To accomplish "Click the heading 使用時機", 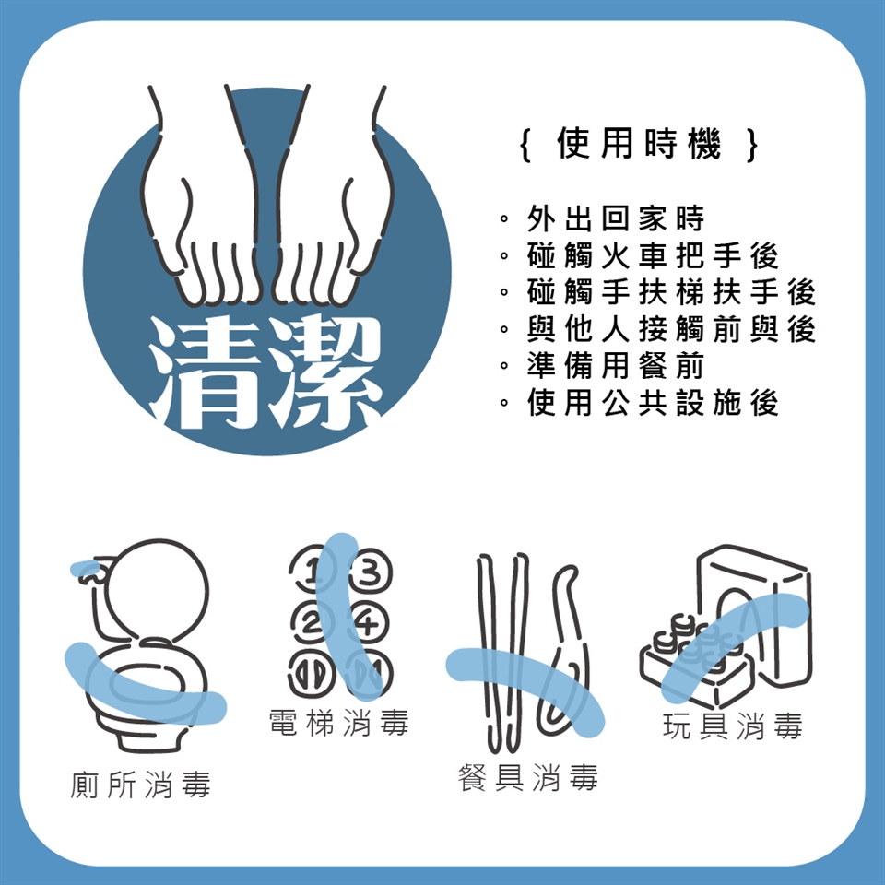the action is (638, 144).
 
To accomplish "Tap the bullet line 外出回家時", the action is (615, 218).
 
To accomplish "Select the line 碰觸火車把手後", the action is (653, 255).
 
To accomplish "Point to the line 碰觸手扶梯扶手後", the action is (671, 292).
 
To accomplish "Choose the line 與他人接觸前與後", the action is (671, 328).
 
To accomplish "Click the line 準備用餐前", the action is (615, 365).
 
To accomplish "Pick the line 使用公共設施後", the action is (653, 402).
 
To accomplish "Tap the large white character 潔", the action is (323, 372).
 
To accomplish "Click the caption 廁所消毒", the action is (140, 785).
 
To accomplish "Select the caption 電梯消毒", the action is (338, 723).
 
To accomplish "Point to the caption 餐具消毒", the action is (527, 778).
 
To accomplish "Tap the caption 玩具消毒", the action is (733, 726).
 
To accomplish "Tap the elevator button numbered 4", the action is (369, 624).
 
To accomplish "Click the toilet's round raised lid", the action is (157, 590).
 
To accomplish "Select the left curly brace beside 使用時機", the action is (525, 145).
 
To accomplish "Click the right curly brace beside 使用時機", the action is (751, 145).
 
